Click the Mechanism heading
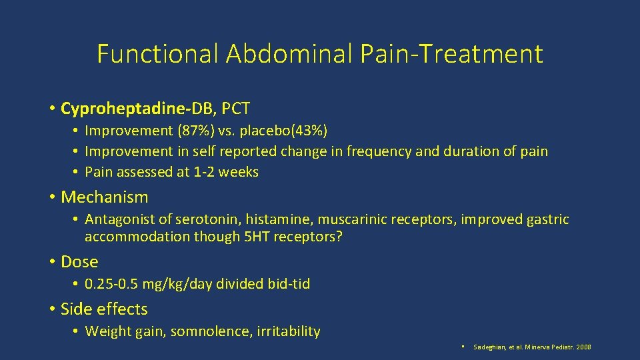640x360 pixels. coord(104,197)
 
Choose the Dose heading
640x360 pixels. coord(79,262)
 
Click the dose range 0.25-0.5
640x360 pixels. coord(111,284)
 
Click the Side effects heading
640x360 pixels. coord(104,309)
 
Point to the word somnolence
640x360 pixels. coord(211,331)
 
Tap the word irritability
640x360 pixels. coord(288,331)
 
